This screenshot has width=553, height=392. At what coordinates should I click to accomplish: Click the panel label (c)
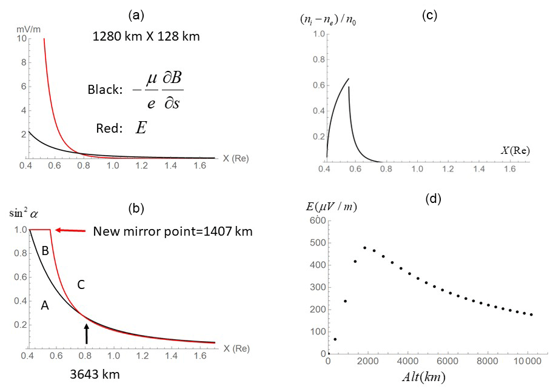429,16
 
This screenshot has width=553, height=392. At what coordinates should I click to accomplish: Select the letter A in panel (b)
44,307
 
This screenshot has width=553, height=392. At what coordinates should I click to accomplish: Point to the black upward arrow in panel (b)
87,334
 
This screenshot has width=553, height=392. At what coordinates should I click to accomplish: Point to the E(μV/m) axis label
332,207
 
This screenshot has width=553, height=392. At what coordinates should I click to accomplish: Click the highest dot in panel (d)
365,248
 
